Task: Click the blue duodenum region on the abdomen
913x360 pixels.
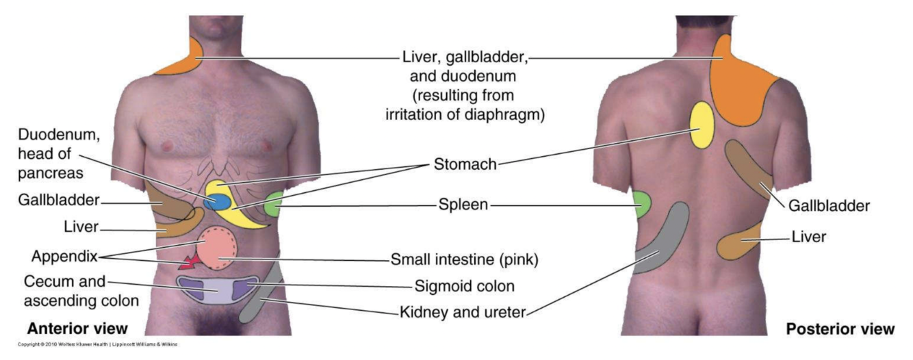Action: (x=218, y=202)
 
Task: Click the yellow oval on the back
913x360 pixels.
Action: (x=702, y=125)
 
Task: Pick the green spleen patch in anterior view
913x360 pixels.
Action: (x=274, y=205)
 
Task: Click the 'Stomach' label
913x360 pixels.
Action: (x=464, y=164)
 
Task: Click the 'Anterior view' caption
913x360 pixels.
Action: (x=77, y=329)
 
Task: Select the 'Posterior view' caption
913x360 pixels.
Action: (x=840, y=329)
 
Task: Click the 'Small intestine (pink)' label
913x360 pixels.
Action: (x=464, y=259)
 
